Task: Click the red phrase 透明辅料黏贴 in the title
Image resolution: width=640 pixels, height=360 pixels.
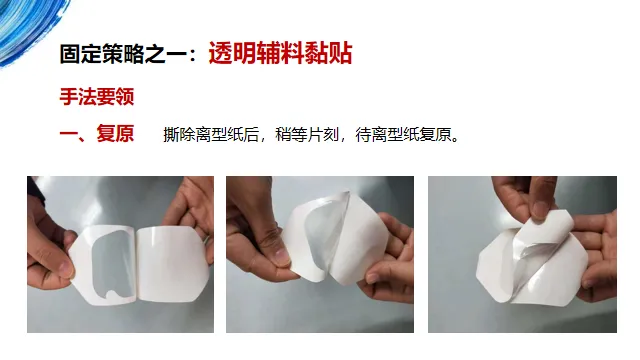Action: pyautogui.click(x=280, y=53)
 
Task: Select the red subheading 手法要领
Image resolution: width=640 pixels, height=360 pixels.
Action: pyautogui.click(x=97, y=97)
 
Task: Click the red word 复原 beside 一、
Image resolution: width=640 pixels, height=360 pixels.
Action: pyautogui.click(x=115, y=133)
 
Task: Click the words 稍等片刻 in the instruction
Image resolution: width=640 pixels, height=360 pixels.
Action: pyautogui.click(x=307, y=134)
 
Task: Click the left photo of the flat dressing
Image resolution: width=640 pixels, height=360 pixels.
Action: pyautogui.click(x=120, y=254)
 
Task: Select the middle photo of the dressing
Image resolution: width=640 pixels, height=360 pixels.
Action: pyautogui.click(x=320, y=254)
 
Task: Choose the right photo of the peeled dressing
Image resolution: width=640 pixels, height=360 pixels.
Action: pyautogui.click(x=522, y=254)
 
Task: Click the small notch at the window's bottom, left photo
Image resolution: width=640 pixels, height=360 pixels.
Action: pyautogui.click(x=111, y=293)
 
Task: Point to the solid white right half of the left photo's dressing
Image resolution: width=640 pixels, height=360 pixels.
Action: pyautogui.click(x=171, y=263)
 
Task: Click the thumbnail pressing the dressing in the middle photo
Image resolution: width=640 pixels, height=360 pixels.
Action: pyautogui.click(x=282, y=257)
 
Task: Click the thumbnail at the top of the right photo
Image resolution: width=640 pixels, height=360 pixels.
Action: pyautogui.click(x=541, y=208)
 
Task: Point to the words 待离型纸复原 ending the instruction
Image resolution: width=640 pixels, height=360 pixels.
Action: pyautogui.click(x=407, y=134)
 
